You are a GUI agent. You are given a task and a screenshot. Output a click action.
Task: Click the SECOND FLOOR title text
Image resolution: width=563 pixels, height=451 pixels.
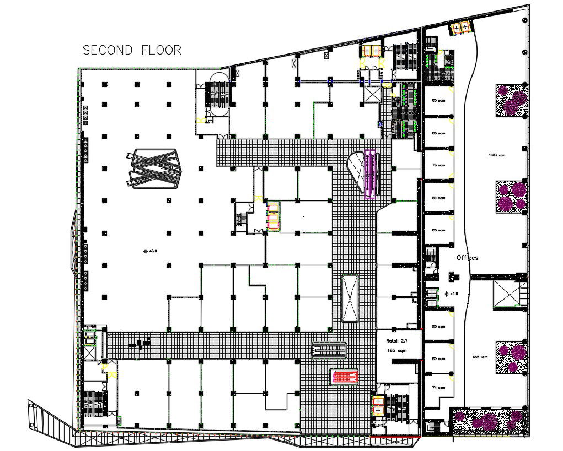tap(132, 50)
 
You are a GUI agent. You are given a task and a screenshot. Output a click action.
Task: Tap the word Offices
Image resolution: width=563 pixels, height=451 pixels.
tap(468, 258)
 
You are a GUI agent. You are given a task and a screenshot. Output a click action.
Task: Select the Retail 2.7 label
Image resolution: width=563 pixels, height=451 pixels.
tap(396, 341)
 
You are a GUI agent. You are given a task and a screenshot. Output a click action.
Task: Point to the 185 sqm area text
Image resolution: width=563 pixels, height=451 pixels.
tap(396, 350)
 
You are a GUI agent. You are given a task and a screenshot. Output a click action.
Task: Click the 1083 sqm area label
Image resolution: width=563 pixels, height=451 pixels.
tap(496, 155)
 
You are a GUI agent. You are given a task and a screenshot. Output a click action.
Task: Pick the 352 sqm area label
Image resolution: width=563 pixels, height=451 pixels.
tap(480, 357)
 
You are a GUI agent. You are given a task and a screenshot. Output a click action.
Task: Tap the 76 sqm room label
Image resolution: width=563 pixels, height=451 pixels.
tap(438, 165)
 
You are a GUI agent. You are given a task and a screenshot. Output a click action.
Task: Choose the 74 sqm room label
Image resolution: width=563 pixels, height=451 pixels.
tap(438, 387)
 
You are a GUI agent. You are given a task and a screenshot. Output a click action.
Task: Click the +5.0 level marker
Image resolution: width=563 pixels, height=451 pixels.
tap(150, 251)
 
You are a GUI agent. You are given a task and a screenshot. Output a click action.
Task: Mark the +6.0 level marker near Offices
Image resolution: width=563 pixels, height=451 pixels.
tap(452, 294)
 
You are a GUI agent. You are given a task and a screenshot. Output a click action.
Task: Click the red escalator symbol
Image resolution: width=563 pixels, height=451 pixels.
tap(345, 377)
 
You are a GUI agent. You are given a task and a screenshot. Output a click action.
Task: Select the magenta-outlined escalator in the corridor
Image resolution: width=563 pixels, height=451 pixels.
tap(371, 173)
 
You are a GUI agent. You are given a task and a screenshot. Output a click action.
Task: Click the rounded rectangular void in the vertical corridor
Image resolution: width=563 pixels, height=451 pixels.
tap(350, 297)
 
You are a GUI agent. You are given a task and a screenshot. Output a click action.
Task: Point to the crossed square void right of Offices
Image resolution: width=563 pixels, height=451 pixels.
tap(504, 292)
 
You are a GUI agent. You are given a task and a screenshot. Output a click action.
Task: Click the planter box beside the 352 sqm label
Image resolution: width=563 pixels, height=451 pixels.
tap(511, 356)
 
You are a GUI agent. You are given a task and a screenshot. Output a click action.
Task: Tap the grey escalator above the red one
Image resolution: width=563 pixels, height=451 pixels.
tap(329, 350)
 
